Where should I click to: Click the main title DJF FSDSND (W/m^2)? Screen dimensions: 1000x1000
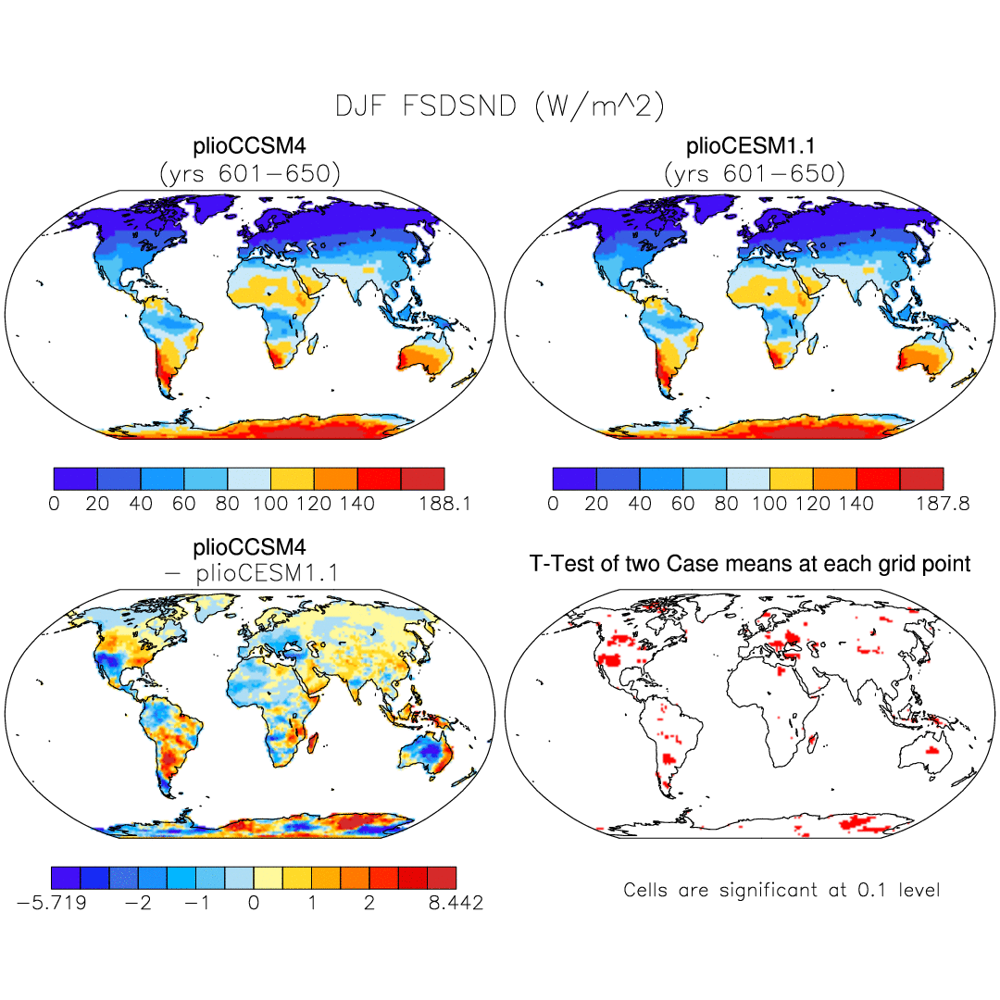(x=500, y=106)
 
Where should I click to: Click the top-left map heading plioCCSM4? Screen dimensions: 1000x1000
(x=249, y=146)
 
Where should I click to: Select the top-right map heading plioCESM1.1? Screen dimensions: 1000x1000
(x=754, y=146)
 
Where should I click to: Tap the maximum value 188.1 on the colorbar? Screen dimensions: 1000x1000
(x=445, y=505)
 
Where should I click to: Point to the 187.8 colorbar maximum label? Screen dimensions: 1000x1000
(x=944, y=505)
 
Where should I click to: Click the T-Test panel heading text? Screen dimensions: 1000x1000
(x=750, y=563)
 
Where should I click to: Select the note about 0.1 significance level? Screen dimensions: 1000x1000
(x=781, y=891)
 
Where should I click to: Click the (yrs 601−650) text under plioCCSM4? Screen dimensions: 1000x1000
(x=249, y=173)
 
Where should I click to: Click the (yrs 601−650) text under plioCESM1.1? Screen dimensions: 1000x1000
(x=754, y=173)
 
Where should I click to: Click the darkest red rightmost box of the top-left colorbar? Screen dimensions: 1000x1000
(x=423, y=479)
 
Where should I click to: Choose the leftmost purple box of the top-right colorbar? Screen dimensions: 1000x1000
(x=574, y=479)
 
